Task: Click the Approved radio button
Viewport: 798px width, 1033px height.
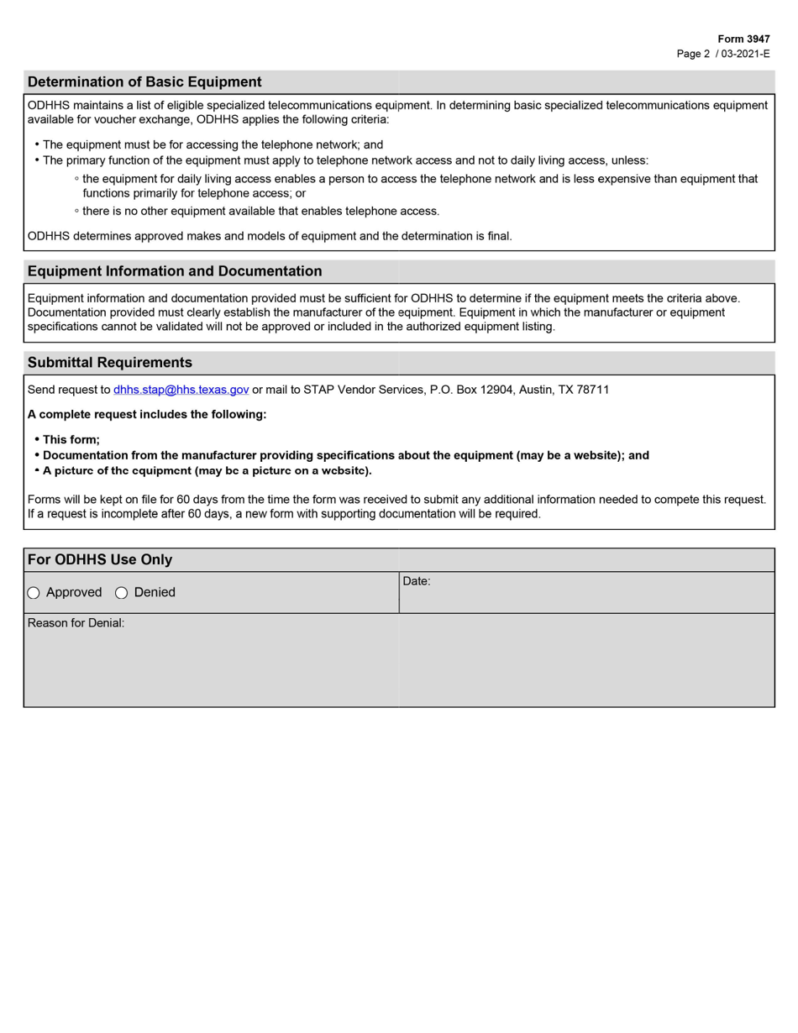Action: tap(34, 593)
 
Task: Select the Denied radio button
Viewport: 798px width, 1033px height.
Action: tap(121, 593)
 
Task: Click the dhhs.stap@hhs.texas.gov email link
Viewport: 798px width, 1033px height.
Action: tap(181, 390)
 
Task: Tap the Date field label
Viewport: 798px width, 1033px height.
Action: tap(417, 581)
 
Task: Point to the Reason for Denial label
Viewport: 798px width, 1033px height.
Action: tap(76, 623)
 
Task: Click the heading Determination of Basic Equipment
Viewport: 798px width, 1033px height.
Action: tap(144, 81)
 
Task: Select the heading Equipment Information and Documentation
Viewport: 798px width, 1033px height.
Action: tap(175, 271)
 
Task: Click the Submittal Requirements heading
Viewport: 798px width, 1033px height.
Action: tap(110, 363)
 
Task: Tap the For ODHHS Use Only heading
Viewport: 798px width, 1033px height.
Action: tap(100, 560)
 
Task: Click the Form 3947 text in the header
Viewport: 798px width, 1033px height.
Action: tap(743, 39)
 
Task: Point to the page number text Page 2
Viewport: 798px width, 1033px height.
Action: tap(693, 54)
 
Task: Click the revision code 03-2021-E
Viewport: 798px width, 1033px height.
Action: tap(745, 54)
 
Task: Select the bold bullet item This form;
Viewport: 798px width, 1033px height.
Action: tap(71, 439)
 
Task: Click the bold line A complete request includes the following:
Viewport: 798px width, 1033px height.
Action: tap(147, 415)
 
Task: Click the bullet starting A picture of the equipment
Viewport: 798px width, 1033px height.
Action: tap(207, 470)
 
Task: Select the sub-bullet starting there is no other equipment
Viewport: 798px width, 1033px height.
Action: tap(260, 211)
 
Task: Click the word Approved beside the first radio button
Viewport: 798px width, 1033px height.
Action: tap(74, 593)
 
